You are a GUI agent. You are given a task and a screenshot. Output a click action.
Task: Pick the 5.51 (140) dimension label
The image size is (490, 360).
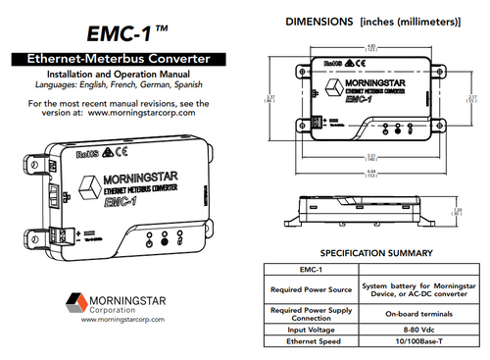click(370, 157)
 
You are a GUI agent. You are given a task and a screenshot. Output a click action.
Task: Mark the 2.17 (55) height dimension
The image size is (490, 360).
click(472, 97)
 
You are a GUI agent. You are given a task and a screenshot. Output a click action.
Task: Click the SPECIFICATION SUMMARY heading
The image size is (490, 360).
click(370, 253)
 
